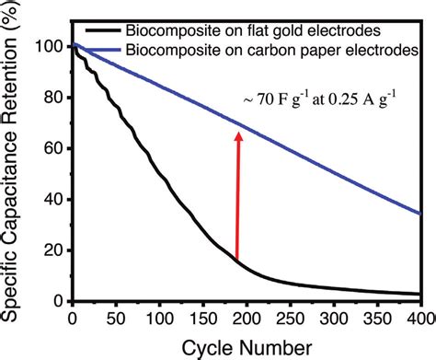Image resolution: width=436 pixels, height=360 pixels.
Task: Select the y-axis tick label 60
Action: click(54, 148)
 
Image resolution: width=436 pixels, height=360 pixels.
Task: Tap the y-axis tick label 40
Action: click(54, 200)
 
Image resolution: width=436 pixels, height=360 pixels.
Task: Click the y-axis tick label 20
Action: click(54, 250)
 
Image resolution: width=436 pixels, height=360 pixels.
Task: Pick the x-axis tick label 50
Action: click(115, 319)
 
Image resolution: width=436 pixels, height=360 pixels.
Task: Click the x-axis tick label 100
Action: click(158, 319)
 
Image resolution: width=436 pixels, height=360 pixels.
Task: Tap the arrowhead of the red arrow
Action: click(238, 136)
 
